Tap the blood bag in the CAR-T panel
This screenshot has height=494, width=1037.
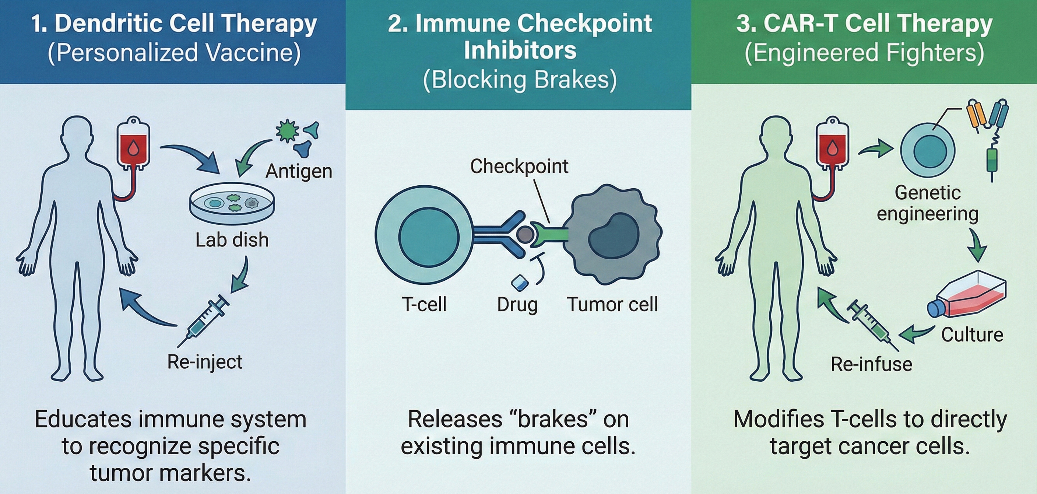pyautogui.click(x=833, y=145)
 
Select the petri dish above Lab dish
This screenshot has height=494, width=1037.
pyautogui.click(x=232, y=204)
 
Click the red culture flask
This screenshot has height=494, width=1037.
pyautogui.click(x=966, y=296)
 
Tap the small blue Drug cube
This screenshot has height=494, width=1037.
pyautogui.click(x=519, y=282)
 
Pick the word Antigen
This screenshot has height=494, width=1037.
pyautogui.click(x=299, y=171)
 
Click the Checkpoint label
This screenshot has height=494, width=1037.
pyautogui.click(x=519, y=166)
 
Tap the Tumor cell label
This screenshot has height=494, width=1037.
pyautogui.click(x=612, y=304)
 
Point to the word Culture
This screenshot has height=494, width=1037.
pyautogui.click(x=972, y=334)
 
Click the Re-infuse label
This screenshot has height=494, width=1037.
pyautogui.click(x=872, y=364)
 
